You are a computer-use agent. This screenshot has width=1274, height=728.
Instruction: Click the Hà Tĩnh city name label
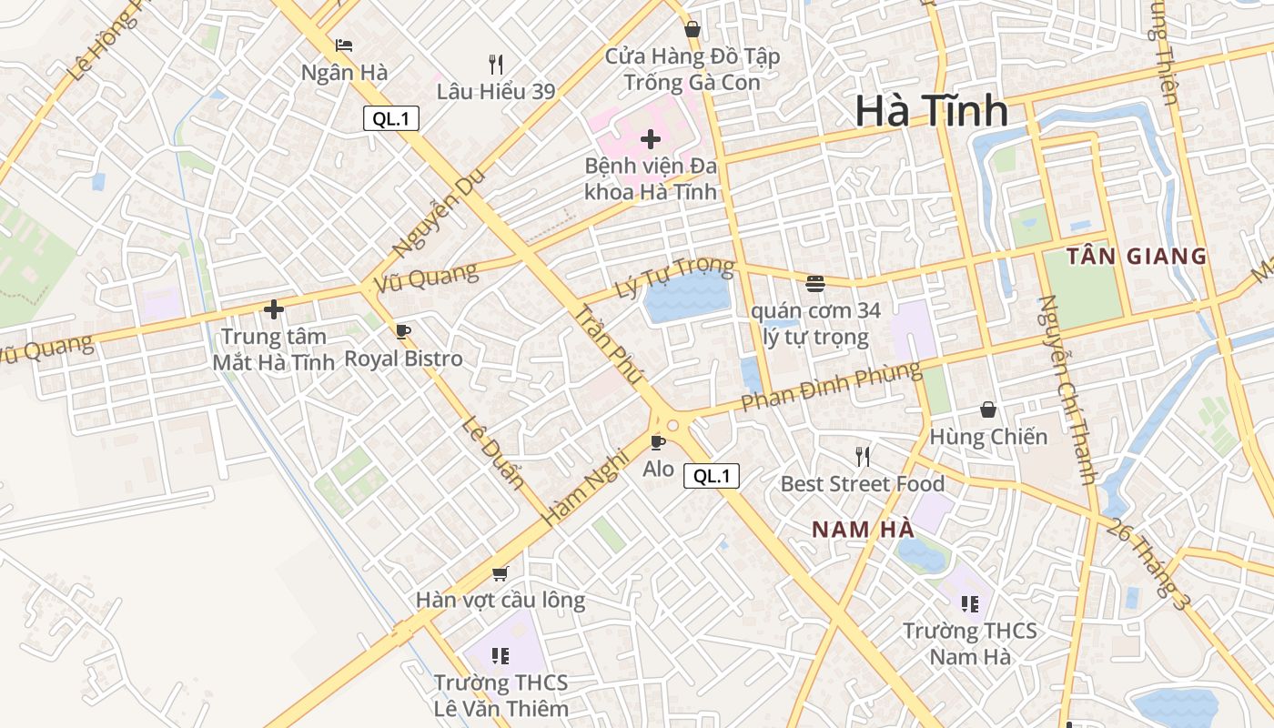[x=931, y=111]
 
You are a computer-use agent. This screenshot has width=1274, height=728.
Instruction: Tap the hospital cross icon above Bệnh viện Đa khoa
[x=650, y=139]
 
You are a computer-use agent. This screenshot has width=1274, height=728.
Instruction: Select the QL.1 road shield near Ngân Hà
[x=391, y=118]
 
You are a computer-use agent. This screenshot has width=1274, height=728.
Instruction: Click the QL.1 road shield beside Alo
[x=712, y=475]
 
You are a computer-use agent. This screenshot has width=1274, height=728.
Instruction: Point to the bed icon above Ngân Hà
[x=344, y=45]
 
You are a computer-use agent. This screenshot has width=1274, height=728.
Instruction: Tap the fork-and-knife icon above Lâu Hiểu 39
[x=496, y=64]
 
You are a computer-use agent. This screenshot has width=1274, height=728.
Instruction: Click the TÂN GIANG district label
[x=1137, y=257]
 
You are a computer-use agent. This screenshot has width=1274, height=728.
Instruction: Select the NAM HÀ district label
[x=863, y=529]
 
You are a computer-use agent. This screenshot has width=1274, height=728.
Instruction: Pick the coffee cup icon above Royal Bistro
[x=403, y=331]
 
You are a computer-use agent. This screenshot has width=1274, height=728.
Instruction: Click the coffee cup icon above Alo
[x=658, y=442]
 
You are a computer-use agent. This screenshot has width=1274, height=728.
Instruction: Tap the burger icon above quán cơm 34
[x=814, y=283]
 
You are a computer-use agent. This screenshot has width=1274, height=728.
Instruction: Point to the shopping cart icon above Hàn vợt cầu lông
[x=500, y=573]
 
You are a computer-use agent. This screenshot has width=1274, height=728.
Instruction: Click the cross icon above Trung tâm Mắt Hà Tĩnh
[x=274, y=309]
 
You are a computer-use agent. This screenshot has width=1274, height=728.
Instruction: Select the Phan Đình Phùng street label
[x=830, y=387]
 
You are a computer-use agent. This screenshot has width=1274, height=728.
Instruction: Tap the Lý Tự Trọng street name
[x=674, y=278]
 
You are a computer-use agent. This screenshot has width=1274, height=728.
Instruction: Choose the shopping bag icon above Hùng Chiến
[x=988, y=409]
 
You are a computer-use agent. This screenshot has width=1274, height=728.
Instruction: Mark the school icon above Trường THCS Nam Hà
[x=970, y=603]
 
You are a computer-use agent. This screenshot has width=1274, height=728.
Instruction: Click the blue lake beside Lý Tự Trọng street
[x=687, y=298]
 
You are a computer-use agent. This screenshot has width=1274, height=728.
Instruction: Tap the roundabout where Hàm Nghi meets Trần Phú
[x=672, y=424]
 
